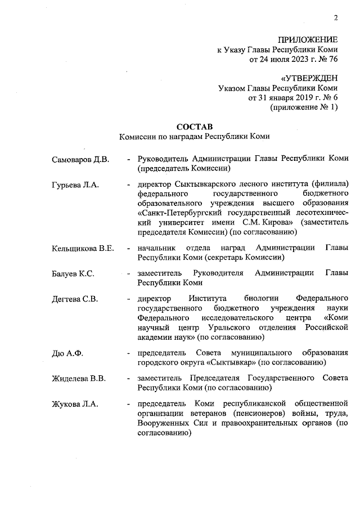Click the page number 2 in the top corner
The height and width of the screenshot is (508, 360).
click(x=335, y=18)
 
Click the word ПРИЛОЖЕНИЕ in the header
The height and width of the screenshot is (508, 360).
click(x=308, y=40)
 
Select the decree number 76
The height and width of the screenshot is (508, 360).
click(x=332, y=60)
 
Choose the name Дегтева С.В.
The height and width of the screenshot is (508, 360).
click(x=75, y=299)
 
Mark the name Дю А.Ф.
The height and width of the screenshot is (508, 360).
click(x=67, y=353)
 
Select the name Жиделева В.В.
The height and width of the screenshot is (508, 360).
click(x=79, y=378)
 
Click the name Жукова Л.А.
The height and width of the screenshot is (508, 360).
click(x=74, y=403)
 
